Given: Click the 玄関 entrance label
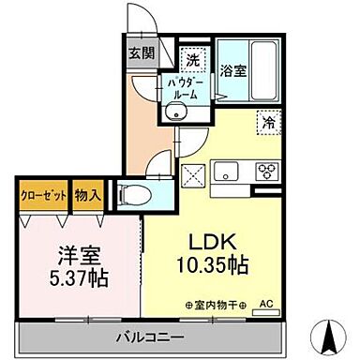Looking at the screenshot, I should point(142,52).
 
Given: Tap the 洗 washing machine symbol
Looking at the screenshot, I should point(191,59).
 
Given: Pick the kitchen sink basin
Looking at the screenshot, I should point(230,171).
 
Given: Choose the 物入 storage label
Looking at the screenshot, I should point(87,197).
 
